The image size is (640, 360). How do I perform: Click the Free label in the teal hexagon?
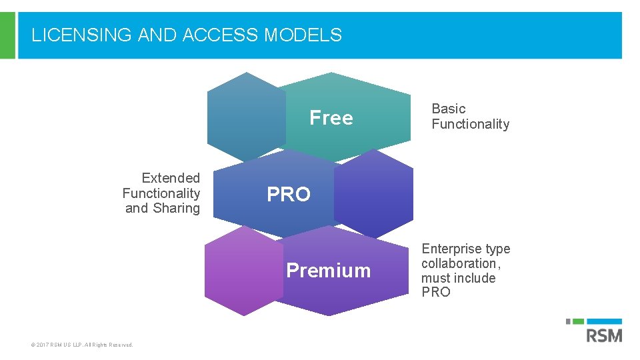[331, 118]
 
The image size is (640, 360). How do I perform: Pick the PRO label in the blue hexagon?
[289, 195]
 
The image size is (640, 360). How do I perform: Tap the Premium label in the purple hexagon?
[328, 270]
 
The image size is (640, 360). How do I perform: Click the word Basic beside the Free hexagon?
[449, 109]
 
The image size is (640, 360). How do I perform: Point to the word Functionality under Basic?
[470, 124]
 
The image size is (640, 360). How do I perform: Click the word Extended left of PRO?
[171, 178]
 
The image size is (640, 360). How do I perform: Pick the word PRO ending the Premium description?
[436, 292]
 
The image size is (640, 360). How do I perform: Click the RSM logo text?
[604, 334]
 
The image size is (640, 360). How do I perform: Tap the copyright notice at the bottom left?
[82, 345]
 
